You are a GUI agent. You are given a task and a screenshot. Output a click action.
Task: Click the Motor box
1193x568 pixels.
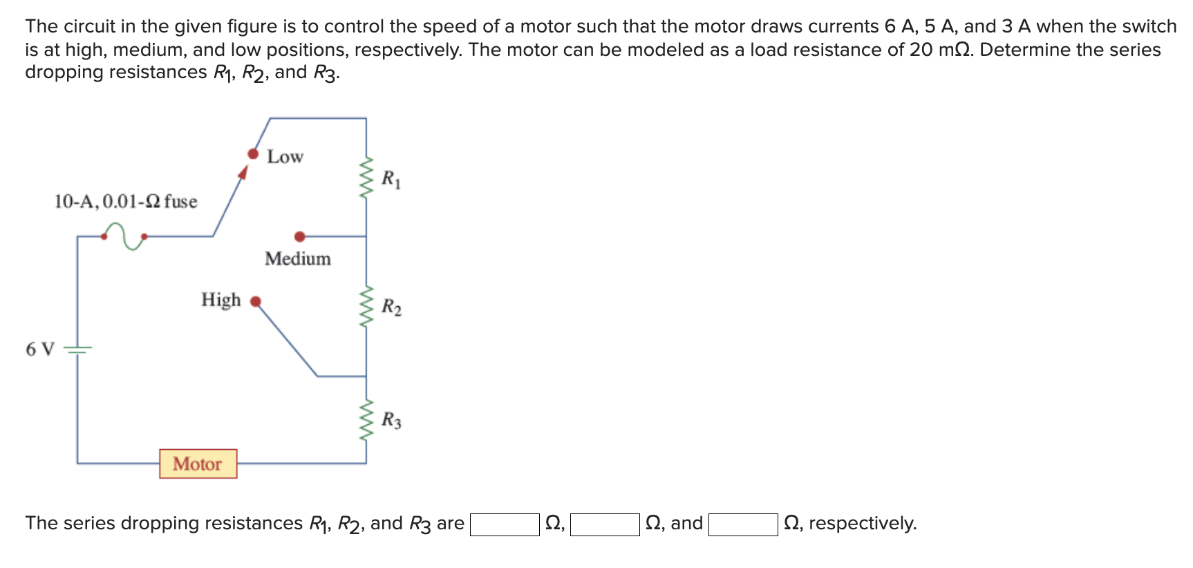click(198, 464)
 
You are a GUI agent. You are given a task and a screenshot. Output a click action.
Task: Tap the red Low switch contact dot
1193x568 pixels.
click(254, 153)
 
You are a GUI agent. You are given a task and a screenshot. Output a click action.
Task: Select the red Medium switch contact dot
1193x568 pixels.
click(299, 236)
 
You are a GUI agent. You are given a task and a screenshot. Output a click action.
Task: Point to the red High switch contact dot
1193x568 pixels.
click(256, 301)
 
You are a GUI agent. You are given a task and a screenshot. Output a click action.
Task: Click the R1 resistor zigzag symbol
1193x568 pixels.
click(366, 178)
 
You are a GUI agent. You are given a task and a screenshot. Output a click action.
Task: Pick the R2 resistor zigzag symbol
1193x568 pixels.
click(366, 306)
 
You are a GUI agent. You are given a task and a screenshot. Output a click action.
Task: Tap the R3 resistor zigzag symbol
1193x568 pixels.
click(366, 419)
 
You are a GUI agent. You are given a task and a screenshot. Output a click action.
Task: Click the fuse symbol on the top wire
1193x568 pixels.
click(124, 234)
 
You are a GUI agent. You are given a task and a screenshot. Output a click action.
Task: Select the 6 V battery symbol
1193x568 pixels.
click(77, 350)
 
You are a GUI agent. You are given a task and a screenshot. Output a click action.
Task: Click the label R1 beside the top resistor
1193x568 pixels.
click(391, 179)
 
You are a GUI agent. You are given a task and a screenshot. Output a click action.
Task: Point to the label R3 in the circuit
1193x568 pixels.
click(391, 419)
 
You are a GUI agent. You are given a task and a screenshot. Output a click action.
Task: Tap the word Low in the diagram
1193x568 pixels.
click(285, 157)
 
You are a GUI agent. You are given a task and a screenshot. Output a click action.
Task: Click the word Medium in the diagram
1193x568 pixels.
click(298, 258)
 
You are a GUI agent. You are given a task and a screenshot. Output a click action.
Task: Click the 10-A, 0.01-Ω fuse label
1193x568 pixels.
click(126, 201)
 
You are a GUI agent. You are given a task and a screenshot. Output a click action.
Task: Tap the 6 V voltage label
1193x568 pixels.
click(39, 349)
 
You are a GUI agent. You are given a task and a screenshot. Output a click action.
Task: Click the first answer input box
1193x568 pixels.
click(505, 524)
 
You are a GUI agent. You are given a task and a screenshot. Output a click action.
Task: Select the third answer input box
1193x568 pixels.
click(743, 524)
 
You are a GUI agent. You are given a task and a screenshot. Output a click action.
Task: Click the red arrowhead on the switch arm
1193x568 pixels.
click(243, 172)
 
